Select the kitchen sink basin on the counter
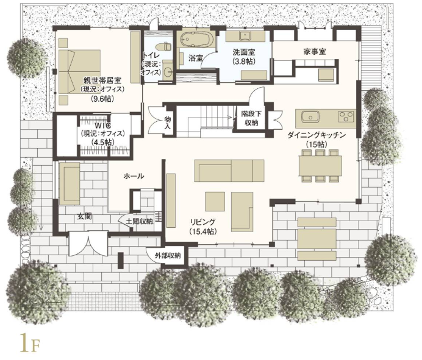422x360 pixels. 310,117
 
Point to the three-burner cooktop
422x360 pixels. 346,116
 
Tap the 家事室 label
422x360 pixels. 314,52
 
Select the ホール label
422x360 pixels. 134,177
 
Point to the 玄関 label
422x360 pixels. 85,216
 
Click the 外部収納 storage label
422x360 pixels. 168,255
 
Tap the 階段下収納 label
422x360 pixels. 251,118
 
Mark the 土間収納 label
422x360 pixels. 139,222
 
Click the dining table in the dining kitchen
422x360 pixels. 320,166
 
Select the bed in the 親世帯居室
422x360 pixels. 79,72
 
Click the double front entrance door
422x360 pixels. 88,243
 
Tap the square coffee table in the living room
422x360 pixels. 215,202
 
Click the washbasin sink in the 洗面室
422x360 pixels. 245,35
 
